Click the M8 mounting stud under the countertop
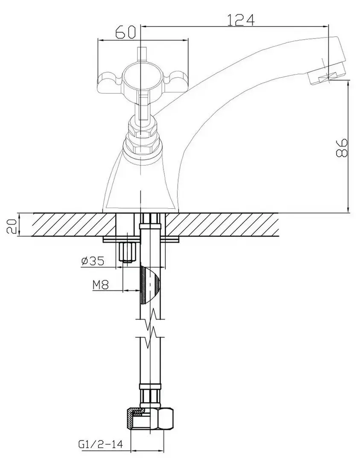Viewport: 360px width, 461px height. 126,252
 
